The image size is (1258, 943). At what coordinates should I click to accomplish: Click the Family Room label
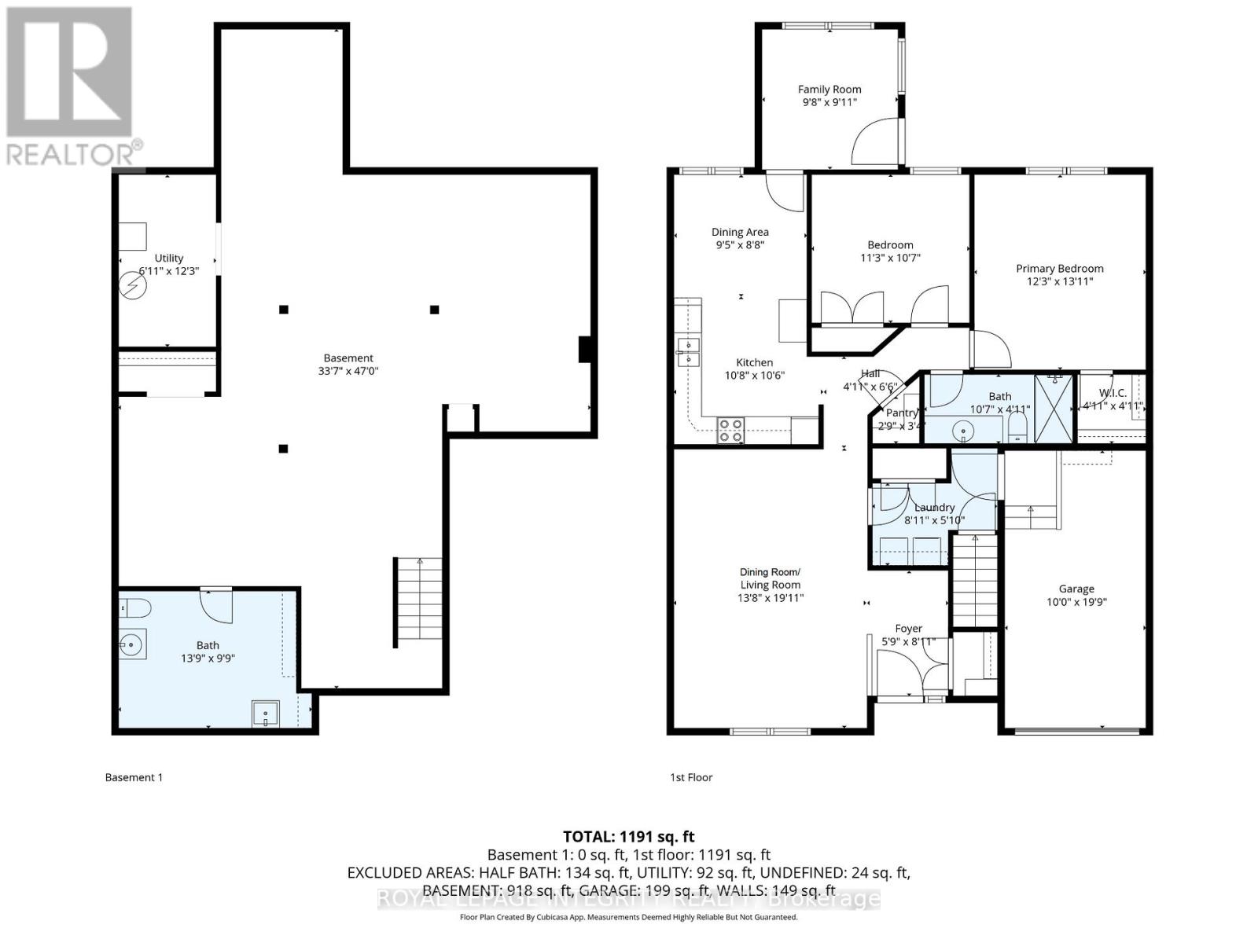tap(829, 90)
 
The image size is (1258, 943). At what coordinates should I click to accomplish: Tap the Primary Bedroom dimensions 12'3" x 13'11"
tap(1059, 281)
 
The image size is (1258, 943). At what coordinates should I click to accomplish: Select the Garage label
tap(1076, 589)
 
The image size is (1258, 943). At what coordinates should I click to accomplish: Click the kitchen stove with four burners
tap(730, 430)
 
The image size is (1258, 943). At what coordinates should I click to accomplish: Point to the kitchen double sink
tap(688, 352)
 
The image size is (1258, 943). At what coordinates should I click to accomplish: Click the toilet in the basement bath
tap(133, 607)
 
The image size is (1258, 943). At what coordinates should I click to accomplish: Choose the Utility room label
tap(168, 258)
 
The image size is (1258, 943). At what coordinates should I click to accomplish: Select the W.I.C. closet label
tap(1112, 393)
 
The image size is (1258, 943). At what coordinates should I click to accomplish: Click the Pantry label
tap(901, 413)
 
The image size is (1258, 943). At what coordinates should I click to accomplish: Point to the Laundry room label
tap(934, 508)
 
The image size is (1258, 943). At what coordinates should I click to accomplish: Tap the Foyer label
tap(908, 629)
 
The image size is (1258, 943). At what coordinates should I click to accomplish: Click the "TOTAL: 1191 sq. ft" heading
tap(628, 836)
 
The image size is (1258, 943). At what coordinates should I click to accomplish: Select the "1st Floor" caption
tap(691, 777)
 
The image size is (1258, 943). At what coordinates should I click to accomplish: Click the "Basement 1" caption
tap(134, 777)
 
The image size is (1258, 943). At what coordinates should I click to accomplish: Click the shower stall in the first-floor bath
tap(1054, 410)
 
